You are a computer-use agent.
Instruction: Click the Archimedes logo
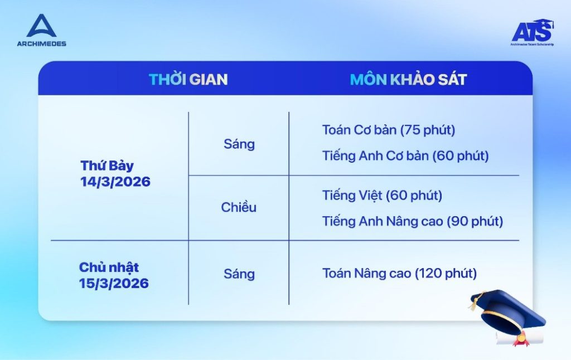pos(41,30)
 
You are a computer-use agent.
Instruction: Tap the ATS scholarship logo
pos(533,32)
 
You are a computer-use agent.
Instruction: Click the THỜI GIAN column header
pos(188,79)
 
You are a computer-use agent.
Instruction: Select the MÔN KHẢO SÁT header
pos(408,79)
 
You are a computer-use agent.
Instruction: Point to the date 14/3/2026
pos(115,182)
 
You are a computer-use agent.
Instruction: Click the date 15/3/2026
pos(114,283)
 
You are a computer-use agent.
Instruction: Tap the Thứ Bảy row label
pos(107,166)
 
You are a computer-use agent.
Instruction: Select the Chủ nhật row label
pos(109,267)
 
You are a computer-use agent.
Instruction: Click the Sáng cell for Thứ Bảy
pos(239,144)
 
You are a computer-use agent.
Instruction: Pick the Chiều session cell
pos(239,207)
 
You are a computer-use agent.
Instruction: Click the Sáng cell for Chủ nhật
pos(239,274)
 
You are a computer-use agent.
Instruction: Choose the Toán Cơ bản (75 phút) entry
pos(389,130)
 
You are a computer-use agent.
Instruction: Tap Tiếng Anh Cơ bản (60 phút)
pos(405,156)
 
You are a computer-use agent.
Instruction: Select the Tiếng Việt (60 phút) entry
pos(382,196)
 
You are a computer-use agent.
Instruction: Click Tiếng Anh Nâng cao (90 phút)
pos(413,221)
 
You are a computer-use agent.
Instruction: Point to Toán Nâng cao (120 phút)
pos(399,274)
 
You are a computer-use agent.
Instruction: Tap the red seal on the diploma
pos(521,340)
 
